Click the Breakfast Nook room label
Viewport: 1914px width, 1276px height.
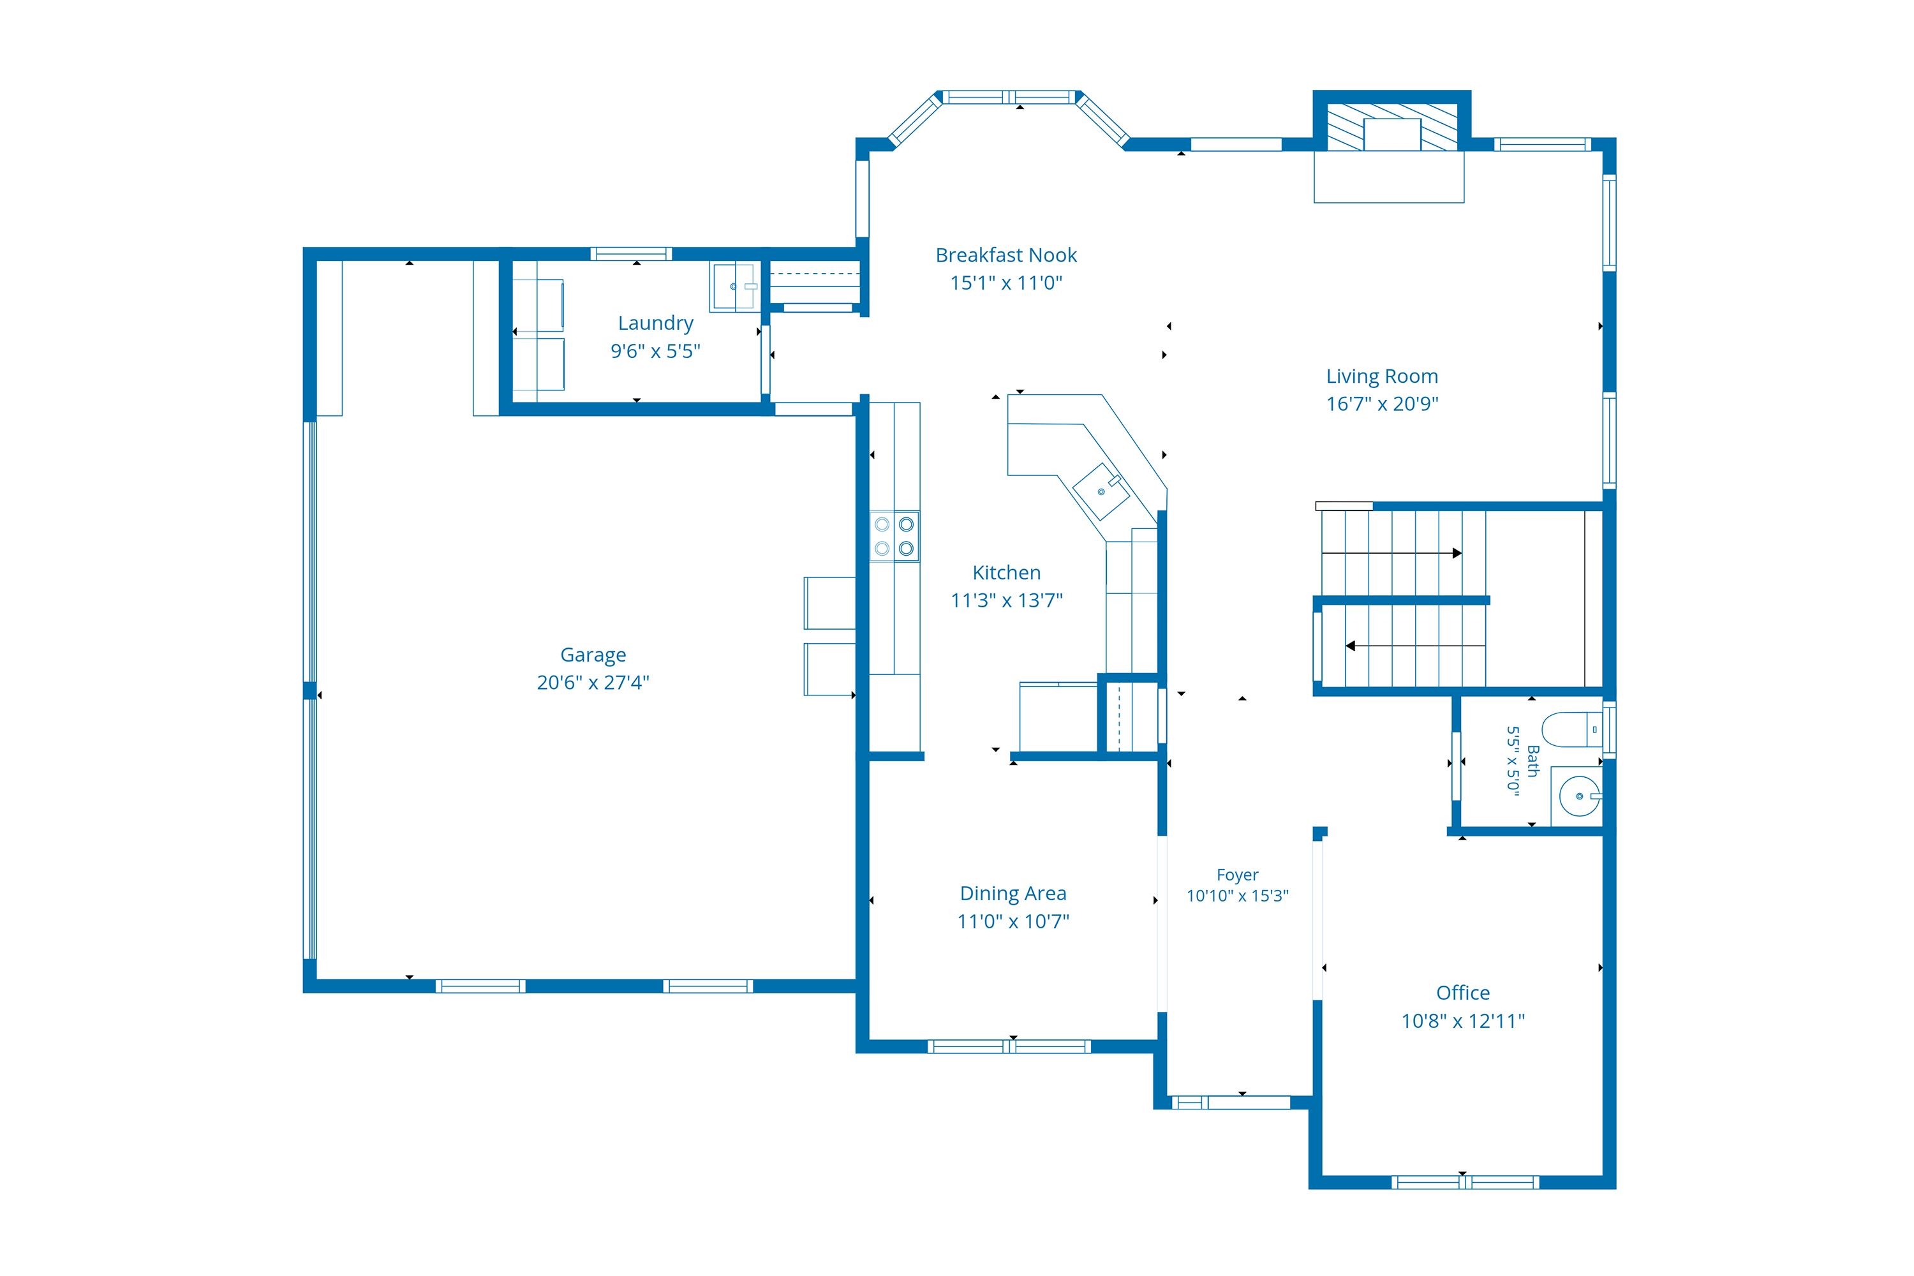(x=1006, y=256)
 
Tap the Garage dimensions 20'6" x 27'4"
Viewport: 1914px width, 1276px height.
(x=593, y=682)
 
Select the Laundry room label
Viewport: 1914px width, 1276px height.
(x=655, y=323)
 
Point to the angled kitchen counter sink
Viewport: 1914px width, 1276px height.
(x=1101, y=491)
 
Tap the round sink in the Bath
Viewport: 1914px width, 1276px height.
(x=1580, y=796)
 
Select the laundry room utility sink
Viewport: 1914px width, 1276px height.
(x=735, y=286)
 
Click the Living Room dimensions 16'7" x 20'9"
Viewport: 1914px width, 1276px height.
(x=1382, y=404)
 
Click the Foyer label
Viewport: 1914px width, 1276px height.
(x=1237, y=875)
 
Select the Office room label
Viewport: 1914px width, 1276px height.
(x=1462, y=993)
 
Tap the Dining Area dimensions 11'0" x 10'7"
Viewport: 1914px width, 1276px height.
(x=1013, y=921)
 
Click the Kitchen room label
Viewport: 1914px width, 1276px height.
(x=1006, y=573)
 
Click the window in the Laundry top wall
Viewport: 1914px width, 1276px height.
(x=631, y=254)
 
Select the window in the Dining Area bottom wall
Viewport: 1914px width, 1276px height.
(x=1009, y=1046)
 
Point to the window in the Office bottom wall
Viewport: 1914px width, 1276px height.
(x=1465, y=1182)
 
